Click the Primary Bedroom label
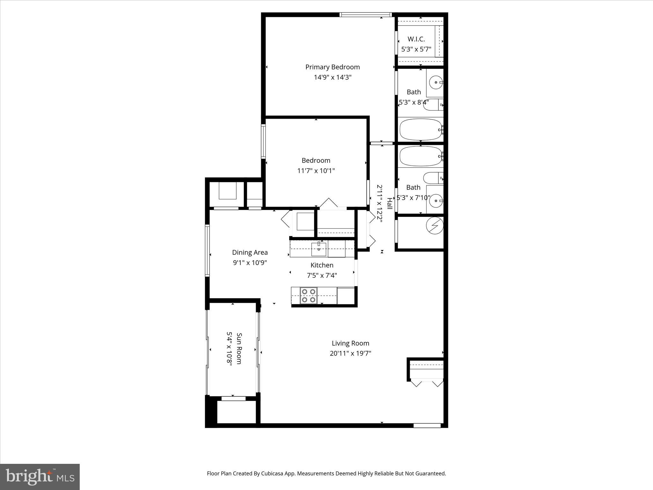[x=332, y=67]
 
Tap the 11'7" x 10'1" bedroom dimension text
[x=316, y=171]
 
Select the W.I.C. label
[x=416, y=39]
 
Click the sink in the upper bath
[x=436, y=83]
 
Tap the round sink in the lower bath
[x=436, y=201]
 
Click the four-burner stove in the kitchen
[x=309, y=295]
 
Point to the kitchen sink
[x=319, y=249]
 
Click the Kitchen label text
[x=322, y=265]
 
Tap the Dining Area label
[x=250, y=252]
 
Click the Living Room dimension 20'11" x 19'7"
[x=350, y=353]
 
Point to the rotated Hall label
[x=390, y=204]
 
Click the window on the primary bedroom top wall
[x=365, y=15]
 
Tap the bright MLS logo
[x=40, y=477]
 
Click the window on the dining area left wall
[x=207, y=250]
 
